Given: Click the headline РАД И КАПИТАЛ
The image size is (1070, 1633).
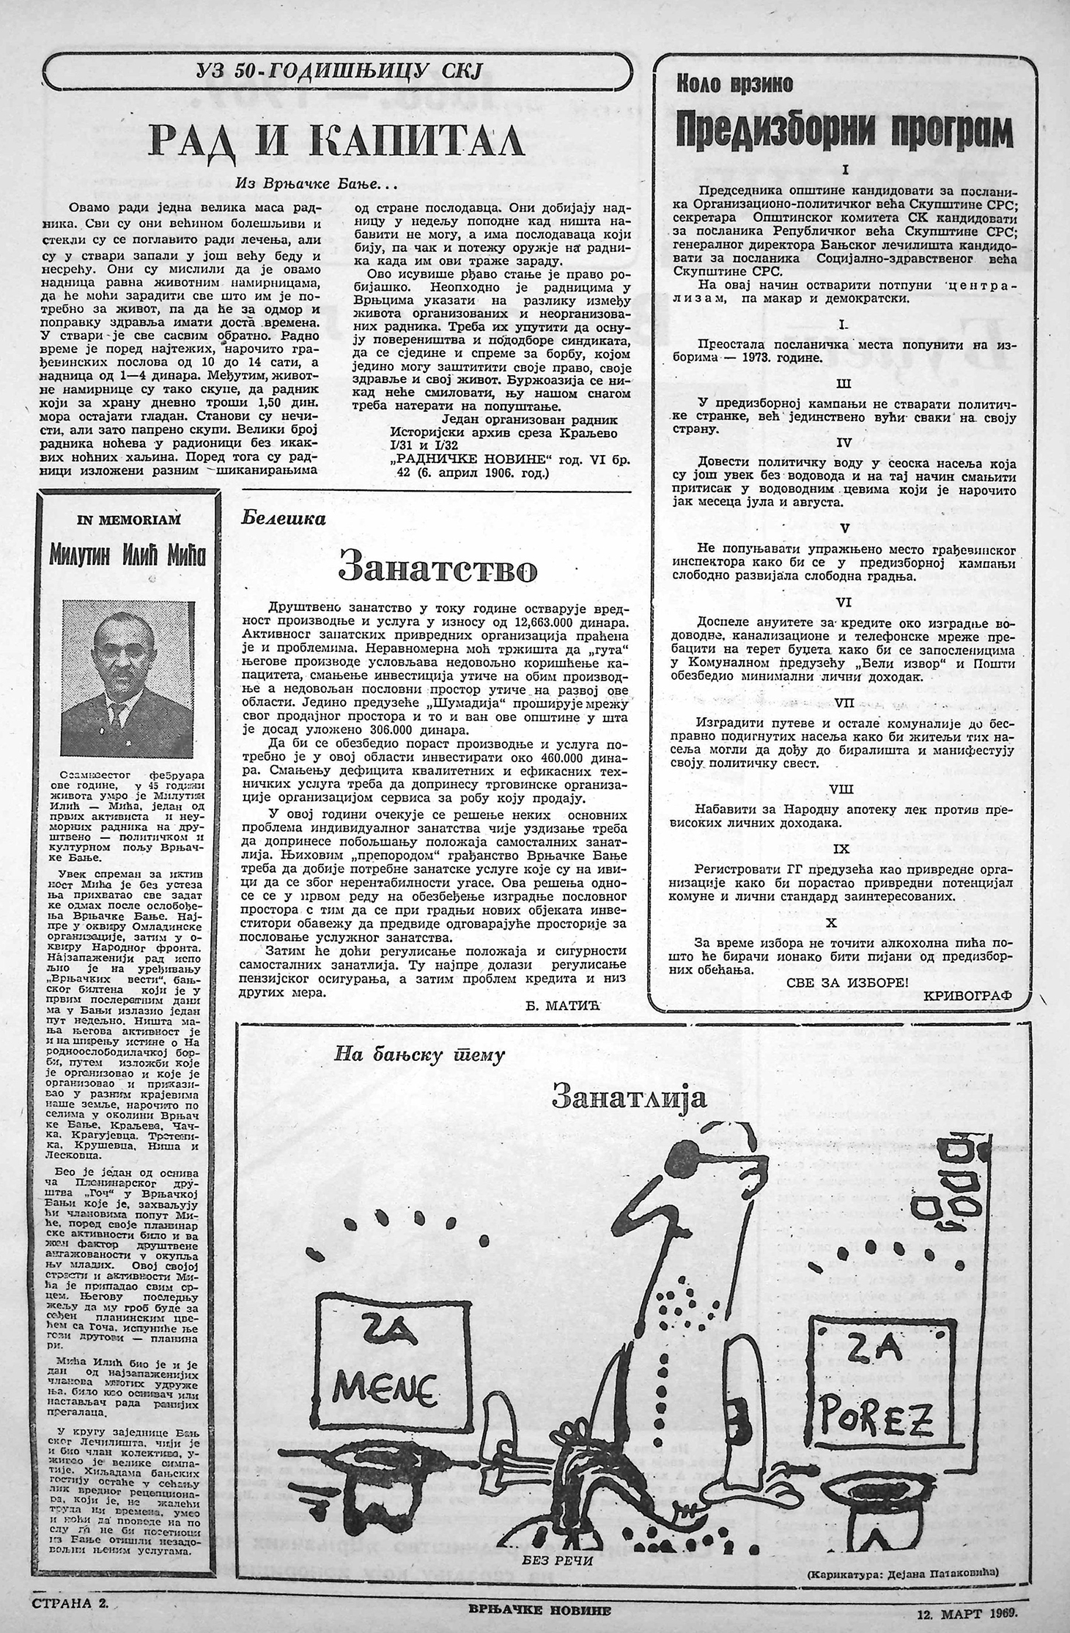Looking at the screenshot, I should pyautogui.click(x=337, y=139).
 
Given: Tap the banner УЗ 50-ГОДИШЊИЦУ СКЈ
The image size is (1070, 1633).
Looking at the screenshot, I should pyautogui.click(x=337, y=70).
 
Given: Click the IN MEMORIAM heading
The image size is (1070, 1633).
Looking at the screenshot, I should pyautogui.click(x=128, y=519).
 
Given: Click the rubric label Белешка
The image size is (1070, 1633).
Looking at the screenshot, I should pyautogui.click(x=283, y=518).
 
